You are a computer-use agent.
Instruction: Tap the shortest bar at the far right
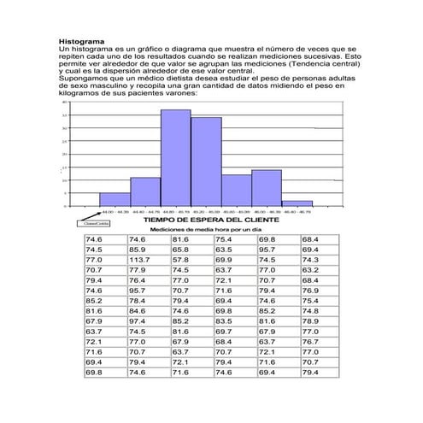tap(297, 203)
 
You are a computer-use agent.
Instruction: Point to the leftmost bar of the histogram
tap(115, 199)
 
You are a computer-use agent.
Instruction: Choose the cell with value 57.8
tap(180, 260)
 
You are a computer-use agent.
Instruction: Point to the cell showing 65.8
tap(180, 250)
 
